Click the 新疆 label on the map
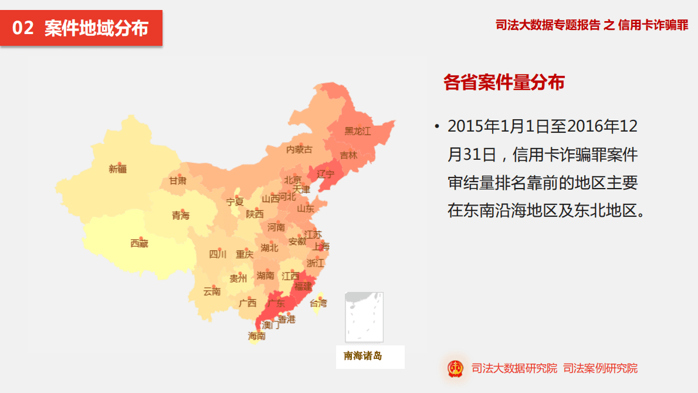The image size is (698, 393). tap(117, 169)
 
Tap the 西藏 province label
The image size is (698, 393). tap(139, 243)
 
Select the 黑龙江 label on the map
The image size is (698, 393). tap(357, 131)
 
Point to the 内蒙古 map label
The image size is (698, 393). tap(299, 150)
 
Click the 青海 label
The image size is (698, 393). tap(181, 216)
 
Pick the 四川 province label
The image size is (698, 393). tap(218, 254)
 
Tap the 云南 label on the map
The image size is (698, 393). tap(212, 291)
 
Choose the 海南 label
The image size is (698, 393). tap(256, 336)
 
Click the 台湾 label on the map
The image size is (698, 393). tap(318, 303)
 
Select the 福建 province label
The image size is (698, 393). tap(303, 287)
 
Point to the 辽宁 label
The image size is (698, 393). tap(326, 174)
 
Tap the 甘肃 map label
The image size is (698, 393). tap(178, 181)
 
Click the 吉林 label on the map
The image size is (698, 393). tap(348, 155)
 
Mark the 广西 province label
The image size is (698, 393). tap(248, 303)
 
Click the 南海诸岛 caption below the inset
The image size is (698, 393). tap(362, 356)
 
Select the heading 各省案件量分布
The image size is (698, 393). tap(504, 83)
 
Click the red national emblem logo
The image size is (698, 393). tap(455, 368)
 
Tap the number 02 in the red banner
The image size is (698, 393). tap(23, 28)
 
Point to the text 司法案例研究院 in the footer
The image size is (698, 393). tap(600, 368)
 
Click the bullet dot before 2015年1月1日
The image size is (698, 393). tap(436, 127)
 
